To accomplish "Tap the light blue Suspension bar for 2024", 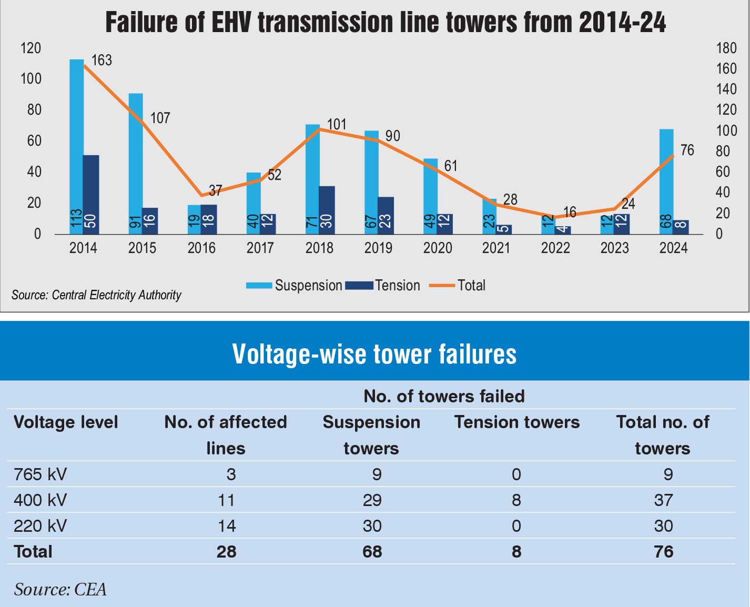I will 666,179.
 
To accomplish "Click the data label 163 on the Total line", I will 102,60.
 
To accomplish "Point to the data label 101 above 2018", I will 337,125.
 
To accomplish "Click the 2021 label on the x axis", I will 496,248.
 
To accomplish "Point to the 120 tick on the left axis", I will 31,48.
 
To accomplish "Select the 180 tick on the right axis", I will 726,48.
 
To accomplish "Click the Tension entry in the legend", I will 397,286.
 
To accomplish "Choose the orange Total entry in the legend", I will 471,286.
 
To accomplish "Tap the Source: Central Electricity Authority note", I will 96,295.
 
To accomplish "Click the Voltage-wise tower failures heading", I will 374,353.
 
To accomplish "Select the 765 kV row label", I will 40,474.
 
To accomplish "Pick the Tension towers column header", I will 516,422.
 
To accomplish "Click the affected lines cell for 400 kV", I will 226,500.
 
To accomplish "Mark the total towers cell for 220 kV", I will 663,526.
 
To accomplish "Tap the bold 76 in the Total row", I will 663,552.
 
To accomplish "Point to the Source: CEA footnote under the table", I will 60,590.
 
